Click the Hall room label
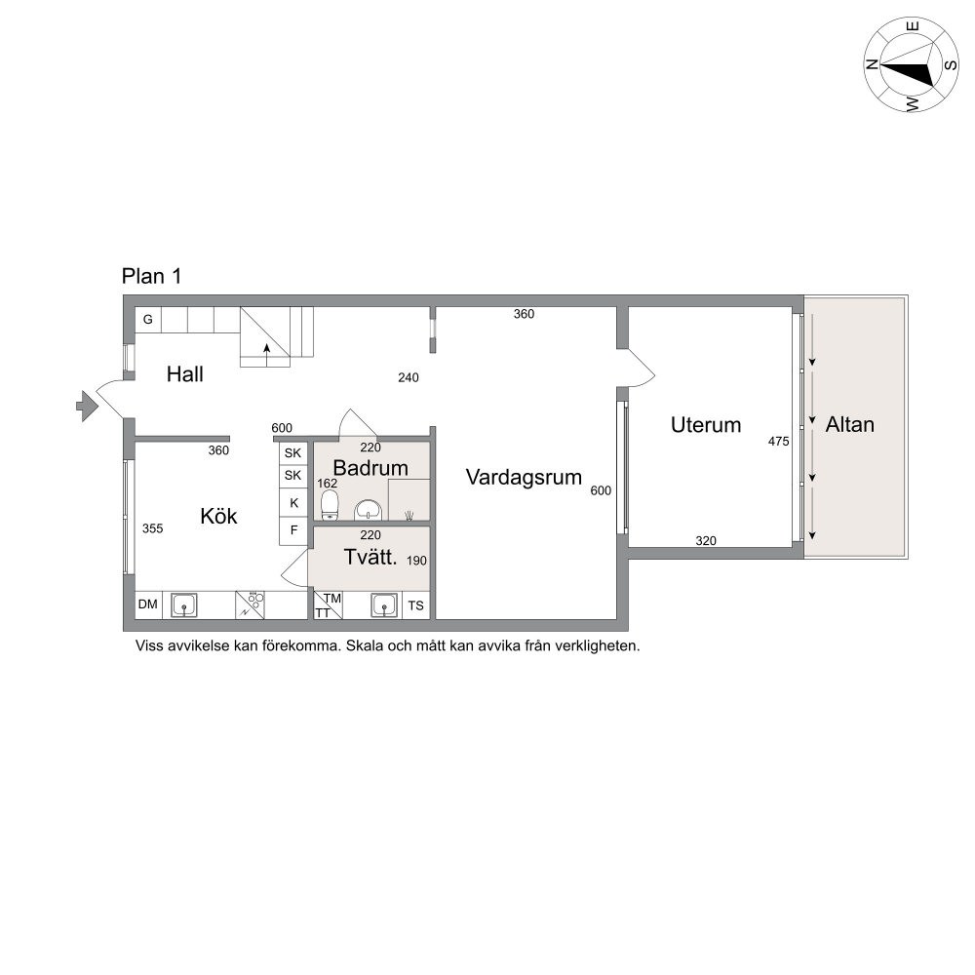pyautogui.click(x=184, y=374)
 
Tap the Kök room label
pyautogui.click(x=218, y=516)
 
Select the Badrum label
pyautogui.click(x=370, y=468)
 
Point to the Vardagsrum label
pyautogui.click(x=524, y=478)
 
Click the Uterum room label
pyautogui.click(x=706, y=425)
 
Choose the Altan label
pyautogui.click(x=849, y=424)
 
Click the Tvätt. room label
pyautogui.click(x=370, y=557)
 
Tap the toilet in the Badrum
pyautogui.click(x=330, y=505)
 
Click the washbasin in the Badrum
pyautogui.click(x=369, y=511)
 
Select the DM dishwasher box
pyautogui.click(x=148, y=604)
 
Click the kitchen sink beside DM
pyautogui.click(x=184, y=605)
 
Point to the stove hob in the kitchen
pyautogui.click(x=250, y=604)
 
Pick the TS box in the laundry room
pyautogui.click(x=416, y=605)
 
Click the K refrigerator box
pyautogui.click(x=293, y=502)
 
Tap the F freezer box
pyautogui.click(x=293, y=530)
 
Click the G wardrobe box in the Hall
pyautogui.click(x=148, y=320)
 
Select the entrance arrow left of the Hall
pyautogui.click(x=87, y=406)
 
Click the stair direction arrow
pyautogui.click(x=267, y=355)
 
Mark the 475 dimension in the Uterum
pyautogui.click(x=778, y=442)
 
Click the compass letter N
pyautogui.click(x=872, y=64)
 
